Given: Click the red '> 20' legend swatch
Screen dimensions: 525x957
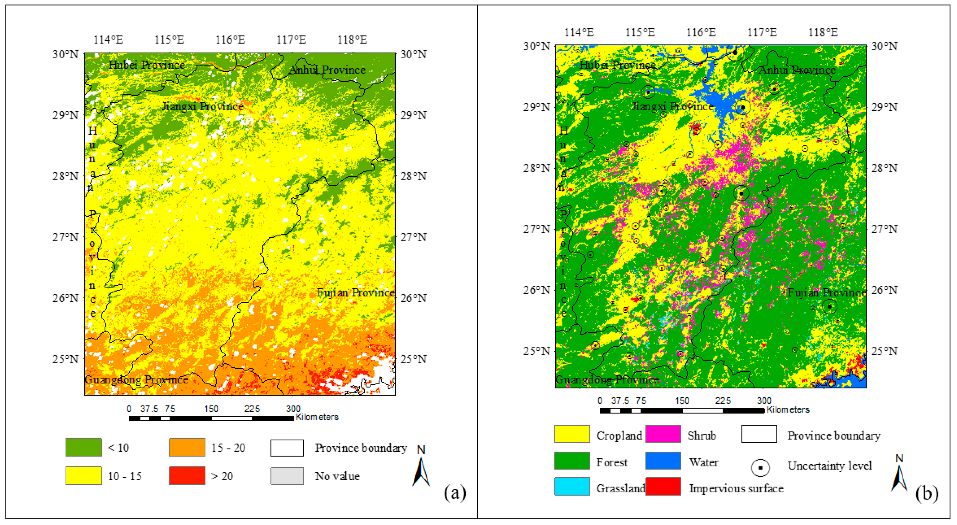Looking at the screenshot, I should [x=187, y=476].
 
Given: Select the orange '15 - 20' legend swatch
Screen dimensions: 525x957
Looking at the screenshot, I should [x=187, y=447].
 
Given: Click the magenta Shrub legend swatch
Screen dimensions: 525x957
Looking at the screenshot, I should [x=663, y=434].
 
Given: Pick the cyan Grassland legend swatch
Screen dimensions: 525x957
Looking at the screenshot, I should [x=572, y=486].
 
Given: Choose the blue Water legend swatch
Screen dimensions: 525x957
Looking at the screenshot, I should [x=663, y=461].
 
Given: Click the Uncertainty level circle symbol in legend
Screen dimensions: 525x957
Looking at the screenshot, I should [x=760, y=467].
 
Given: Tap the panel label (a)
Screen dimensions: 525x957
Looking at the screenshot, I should [x=455, y=493].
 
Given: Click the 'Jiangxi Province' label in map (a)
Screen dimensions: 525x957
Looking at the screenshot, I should [x=203, y=107].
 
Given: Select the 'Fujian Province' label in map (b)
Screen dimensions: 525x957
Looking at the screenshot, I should [x=826, y=293].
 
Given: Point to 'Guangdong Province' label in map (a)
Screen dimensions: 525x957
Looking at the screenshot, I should [x=136, y=379].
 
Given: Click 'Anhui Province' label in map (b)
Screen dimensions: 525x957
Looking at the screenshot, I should [x=797, y=70].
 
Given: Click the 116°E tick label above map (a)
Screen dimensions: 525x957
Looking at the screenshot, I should [x=230, y=40].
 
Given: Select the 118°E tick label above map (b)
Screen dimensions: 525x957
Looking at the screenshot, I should [x=823, y=33].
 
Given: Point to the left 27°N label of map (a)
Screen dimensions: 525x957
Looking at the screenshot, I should [x=65, y=237].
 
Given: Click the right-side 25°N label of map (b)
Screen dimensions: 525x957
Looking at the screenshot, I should [x=884, y=351].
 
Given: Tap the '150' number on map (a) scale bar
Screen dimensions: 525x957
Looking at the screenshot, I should [x=211, y=409].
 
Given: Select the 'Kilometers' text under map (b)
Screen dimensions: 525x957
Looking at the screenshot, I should [x=787, y=410].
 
